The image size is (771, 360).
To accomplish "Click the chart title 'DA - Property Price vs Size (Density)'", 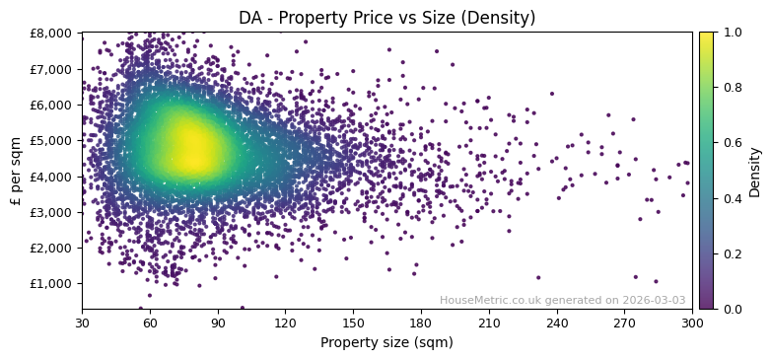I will [386, 18].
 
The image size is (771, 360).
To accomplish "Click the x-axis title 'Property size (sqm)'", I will [386, 342].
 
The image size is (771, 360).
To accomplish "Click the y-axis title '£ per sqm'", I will [16, 171].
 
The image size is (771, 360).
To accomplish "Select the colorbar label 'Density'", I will [754, 171].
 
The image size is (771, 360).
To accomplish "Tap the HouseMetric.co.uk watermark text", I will [562, 300].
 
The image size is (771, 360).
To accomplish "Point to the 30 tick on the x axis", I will [82, 323].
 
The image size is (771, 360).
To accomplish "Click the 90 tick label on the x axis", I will [218, 323].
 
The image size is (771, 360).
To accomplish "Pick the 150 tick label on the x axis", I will [353, 323].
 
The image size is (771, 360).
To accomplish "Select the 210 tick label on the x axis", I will [489, 323].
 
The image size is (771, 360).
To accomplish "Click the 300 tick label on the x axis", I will [692, 323].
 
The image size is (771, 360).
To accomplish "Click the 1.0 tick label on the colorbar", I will [730, 33].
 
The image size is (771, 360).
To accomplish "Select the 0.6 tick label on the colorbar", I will [730, 143].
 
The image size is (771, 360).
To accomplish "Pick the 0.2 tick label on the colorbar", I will [730, 253].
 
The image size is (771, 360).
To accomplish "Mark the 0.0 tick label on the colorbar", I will [730, 309].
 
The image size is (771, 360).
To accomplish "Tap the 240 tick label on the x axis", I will [557, 323].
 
